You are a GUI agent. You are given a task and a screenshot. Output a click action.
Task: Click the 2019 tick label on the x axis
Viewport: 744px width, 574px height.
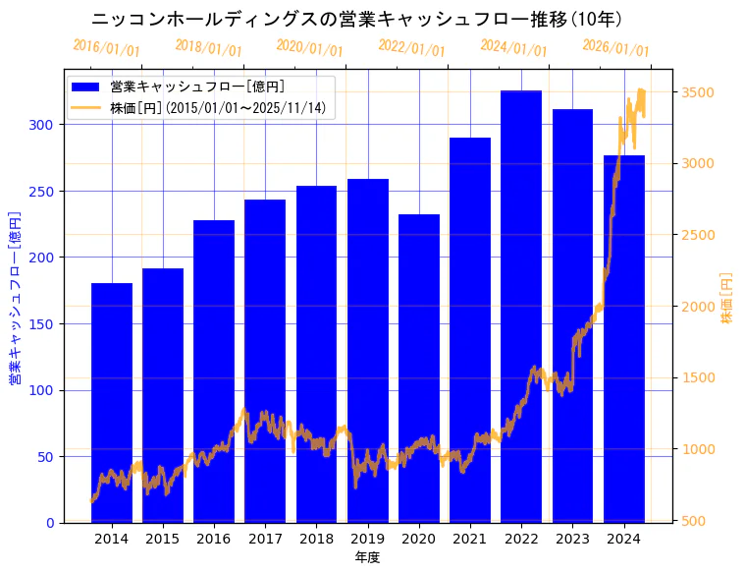point(367,539)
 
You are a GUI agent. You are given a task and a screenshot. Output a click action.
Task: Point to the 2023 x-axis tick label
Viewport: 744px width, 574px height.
point(572,539)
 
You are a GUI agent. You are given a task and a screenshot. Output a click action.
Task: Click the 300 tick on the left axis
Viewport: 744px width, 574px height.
point(44,125)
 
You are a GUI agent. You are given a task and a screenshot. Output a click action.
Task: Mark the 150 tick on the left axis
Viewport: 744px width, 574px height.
point(44,324)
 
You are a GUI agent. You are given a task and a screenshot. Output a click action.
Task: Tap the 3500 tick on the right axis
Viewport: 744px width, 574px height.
point(694,92)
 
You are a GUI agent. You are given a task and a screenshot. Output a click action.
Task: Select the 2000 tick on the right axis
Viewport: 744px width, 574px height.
point(694,307)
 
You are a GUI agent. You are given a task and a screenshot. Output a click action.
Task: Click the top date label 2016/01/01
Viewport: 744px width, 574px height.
point(106,48)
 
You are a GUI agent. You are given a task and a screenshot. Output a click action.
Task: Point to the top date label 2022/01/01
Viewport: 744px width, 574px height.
point(411,48)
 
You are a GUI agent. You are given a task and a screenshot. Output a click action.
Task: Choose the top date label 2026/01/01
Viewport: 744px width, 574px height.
point(615,48)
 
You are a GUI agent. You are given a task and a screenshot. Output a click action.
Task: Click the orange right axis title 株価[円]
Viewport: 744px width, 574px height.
point(727,298)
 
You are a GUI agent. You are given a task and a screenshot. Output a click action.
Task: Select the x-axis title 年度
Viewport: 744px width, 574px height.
point(367,557)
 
